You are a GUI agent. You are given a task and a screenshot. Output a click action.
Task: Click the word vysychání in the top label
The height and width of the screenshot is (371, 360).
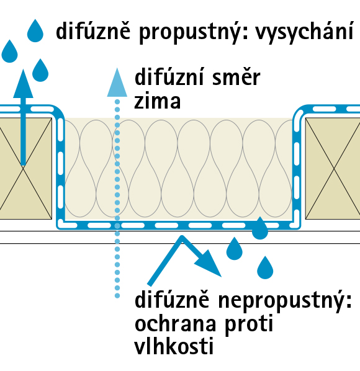(304, 32)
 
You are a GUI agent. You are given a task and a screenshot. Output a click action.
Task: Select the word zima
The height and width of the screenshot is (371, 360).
(157, 101)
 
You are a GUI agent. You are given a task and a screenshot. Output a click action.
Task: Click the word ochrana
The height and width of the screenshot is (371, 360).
(175, 323)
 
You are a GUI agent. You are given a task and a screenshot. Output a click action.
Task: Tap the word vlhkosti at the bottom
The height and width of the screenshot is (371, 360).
(174, 346)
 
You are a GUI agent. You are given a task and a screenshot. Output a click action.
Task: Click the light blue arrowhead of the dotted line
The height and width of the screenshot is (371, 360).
(117, 83)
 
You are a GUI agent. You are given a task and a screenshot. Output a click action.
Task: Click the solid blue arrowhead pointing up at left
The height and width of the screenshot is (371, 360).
(23, 84)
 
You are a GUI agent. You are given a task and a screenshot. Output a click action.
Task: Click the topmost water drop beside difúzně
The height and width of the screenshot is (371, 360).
(35, 31)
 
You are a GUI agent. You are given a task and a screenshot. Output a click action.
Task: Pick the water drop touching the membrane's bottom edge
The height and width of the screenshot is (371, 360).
(260, 228)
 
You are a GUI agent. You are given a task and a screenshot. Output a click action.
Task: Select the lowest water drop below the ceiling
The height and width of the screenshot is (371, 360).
(265, 267)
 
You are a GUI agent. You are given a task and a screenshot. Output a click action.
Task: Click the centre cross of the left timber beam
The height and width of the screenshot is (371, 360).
(23, 169)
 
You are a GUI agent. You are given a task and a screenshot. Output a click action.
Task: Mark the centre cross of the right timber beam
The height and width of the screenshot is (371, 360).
(334, 169)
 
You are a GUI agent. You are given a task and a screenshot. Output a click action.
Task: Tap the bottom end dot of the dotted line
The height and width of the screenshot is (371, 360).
(117, 296)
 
